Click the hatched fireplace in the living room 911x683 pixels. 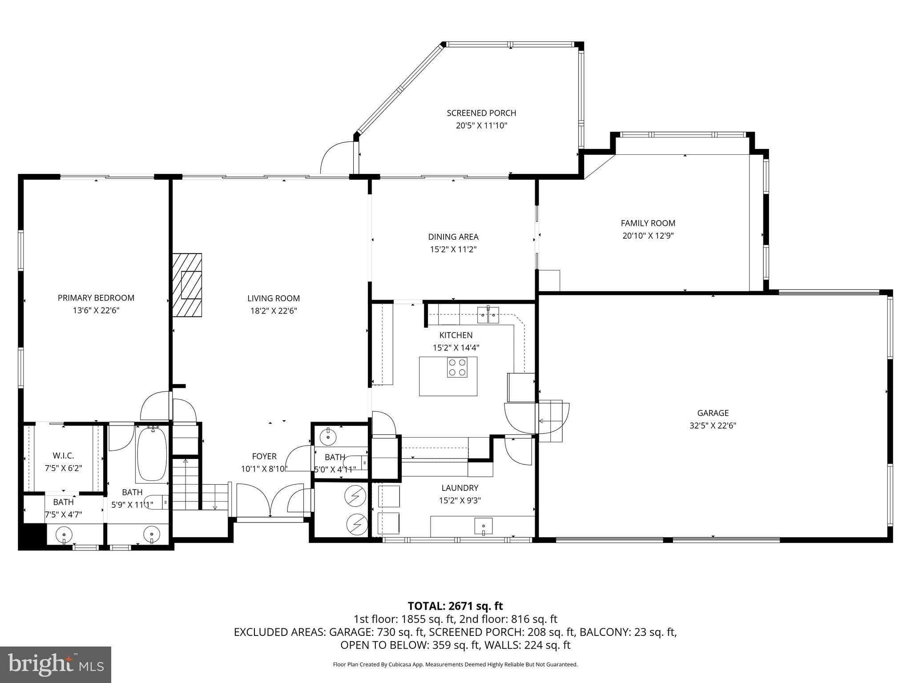[187, 285]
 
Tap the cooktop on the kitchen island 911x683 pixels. [457, 367]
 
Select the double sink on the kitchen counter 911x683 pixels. [488, 315]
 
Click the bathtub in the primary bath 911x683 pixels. [152, 454]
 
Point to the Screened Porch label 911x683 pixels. [481, 113]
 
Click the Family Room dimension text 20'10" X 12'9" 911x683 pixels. [648, 236]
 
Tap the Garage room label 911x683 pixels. [713, 413]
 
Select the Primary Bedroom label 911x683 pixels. [96, 298]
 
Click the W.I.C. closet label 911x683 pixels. [63, 455]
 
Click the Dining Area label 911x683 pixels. [453, 237]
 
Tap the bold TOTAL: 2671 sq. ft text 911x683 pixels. [455, 606]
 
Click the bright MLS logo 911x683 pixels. [56, 664]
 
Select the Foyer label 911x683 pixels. [264, 456]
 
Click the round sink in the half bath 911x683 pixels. [328, 436]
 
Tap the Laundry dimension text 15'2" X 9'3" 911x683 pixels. [460, 500]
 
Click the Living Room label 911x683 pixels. [274, 298]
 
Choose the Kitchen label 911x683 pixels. [456, 335]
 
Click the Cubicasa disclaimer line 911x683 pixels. [455, 664]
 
